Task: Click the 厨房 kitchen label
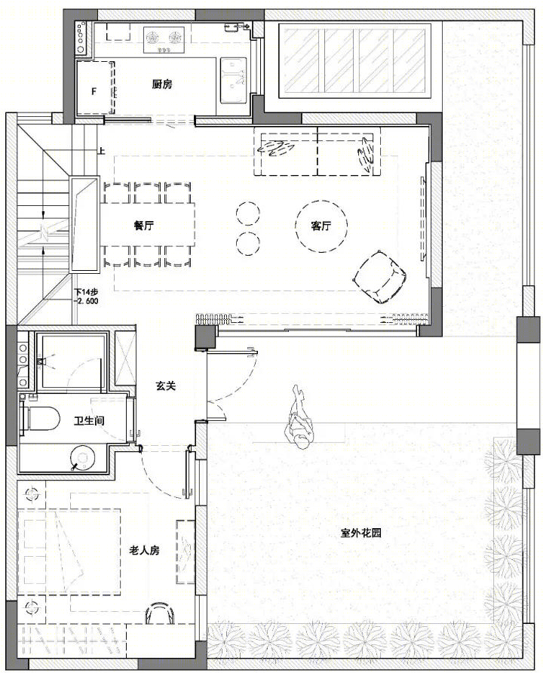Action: point(161,85)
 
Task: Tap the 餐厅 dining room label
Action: point(144,225)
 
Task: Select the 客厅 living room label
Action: point(321,225)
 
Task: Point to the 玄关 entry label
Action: point(166,386)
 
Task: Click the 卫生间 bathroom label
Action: point(89,420)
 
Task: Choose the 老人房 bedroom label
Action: point(145,550)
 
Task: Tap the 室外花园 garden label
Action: point(360,533)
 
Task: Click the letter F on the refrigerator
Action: point(94,91)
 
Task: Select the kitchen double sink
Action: point(233,81)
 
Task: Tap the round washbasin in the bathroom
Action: point(83,457)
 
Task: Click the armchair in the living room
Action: point(379,276)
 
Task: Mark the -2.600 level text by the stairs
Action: point(86,301)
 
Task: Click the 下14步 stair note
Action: point(86,292)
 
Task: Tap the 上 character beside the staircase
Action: point(102,151)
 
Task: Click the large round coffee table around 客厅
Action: point(321,225)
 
